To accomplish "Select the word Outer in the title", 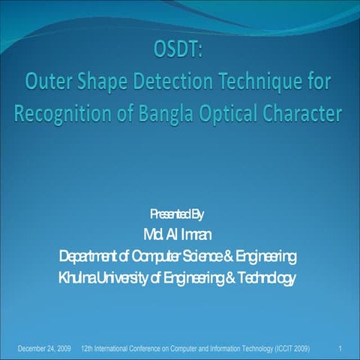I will (x=51, y=83).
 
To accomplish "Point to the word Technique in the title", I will (x=269, y=83).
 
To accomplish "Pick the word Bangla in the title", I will (x=172, y=113).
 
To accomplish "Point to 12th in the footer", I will (x=87, y=349).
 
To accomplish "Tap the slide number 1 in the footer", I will (x=340, y=349).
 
